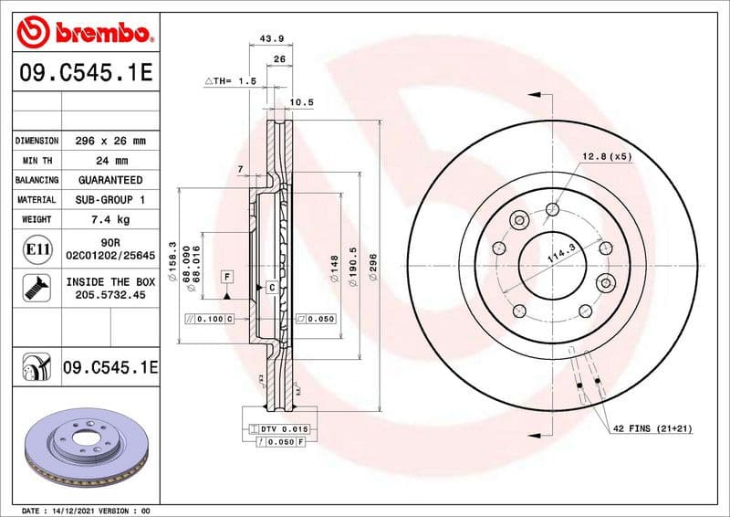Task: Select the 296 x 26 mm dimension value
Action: pos(109,141)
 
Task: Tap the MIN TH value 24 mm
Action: pos(109,161)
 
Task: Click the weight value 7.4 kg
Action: pos(109,219)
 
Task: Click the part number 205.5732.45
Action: pos(109,296)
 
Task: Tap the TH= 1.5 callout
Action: pos(231,82)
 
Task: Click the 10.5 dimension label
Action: pos(301,102)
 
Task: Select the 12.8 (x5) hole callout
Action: pos(607,156)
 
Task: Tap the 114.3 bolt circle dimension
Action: pos(560,255)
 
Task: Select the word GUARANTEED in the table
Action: pos(109,180)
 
